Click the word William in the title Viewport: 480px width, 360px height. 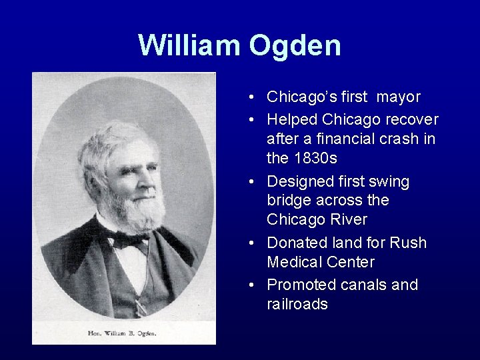point(190,45)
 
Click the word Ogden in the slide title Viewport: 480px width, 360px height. point(295,45)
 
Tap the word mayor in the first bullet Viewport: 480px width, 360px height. point(399,97)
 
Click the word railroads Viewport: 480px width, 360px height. point(297,305)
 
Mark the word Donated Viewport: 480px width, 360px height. point(297,243)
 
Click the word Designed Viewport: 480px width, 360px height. point(299,181)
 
